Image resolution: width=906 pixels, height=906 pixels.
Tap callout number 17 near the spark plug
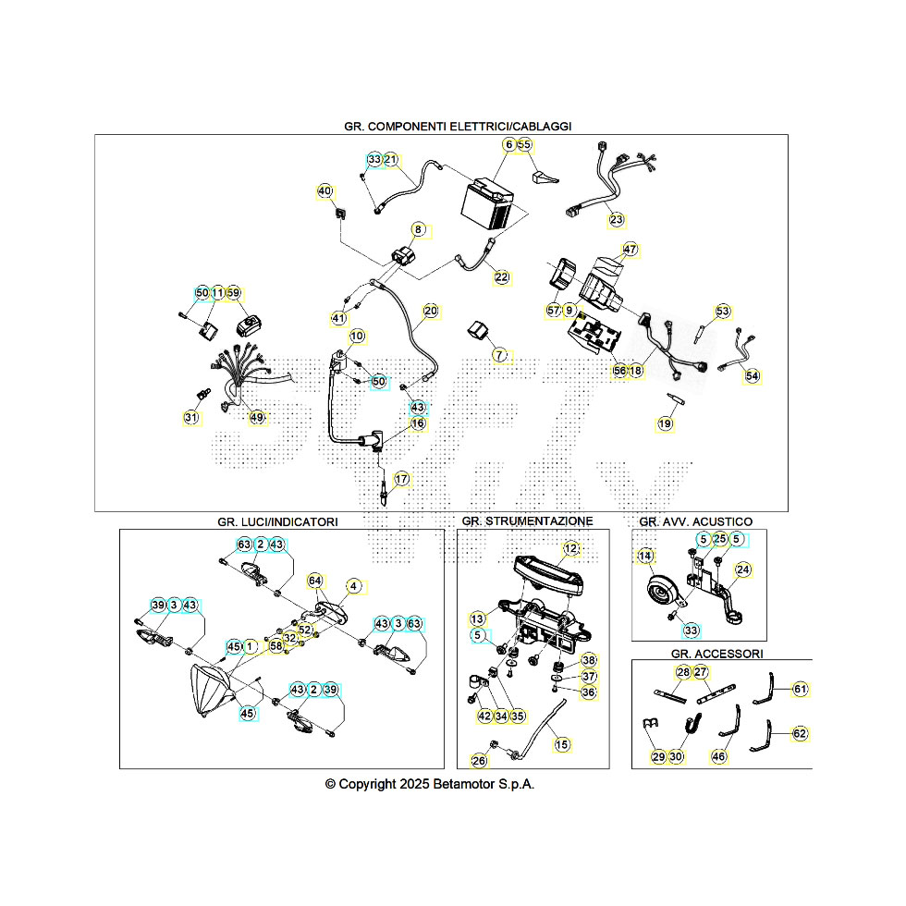(401, 479)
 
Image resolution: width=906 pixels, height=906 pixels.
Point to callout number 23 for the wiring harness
(616, 220)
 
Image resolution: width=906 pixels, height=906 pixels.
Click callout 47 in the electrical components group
(631, 250)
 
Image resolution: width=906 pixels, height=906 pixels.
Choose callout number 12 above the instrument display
(571, 549)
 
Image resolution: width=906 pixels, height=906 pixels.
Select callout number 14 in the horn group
(645, 557)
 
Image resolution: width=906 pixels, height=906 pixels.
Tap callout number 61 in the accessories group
(801, 689)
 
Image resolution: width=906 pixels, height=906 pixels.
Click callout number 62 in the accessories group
(801, 734)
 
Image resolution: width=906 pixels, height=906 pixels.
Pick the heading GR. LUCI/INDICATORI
(277, 521)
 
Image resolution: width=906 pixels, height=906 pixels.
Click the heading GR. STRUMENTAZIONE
(527, 521)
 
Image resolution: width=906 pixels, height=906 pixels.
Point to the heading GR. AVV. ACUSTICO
(695, 521)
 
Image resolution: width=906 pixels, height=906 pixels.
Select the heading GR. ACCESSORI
(717, 653)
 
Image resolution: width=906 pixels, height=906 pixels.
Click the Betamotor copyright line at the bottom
(431, 783)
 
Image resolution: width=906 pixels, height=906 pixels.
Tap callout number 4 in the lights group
(353, 586)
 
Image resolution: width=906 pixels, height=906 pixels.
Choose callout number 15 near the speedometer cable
(562, 743)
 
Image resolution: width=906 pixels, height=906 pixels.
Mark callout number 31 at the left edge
(191, 418)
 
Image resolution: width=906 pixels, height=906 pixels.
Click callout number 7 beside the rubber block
(499, 355)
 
